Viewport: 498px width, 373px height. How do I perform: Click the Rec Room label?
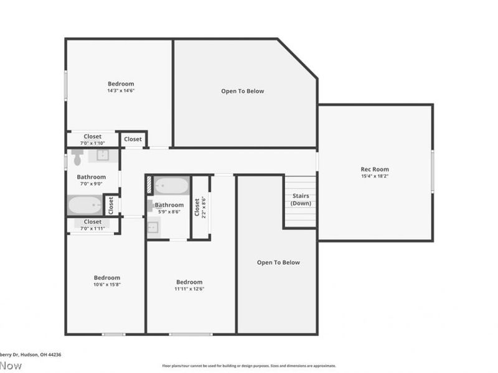click(375, 169)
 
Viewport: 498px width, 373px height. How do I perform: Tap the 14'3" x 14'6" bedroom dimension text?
click(121, 91)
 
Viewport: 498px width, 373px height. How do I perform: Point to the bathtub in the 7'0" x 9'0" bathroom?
click(85, 205)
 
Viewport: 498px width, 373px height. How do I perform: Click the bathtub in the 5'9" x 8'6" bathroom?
click(171, 186)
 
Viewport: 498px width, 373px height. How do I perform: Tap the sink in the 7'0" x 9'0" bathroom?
click(102, 155)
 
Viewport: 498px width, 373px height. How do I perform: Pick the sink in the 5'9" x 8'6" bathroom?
click(153, 228)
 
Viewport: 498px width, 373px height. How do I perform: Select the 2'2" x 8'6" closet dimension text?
click(203, 206)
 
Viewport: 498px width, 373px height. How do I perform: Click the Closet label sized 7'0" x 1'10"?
click(93, 137)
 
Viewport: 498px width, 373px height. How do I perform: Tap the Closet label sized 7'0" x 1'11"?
click(93, 222)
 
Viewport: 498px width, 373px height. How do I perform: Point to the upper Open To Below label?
click(243, 91)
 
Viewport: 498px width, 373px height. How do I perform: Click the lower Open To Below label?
click(278, 262)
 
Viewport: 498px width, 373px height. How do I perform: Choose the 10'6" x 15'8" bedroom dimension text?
click(107, 285)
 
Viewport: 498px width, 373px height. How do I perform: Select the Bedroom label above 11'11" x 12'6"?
click(189, 282)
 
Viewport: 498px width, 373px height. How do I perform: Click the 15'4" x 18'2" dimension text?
click(375, 176)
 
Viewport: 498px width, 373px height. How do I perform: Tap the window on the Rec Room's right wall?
click(432, 170)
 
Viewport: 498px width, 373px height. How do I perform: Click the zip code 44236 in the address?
click(54, 354)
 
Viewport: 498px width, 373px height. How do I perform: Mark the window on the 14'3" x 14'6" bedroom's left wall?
click(65, 85)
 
